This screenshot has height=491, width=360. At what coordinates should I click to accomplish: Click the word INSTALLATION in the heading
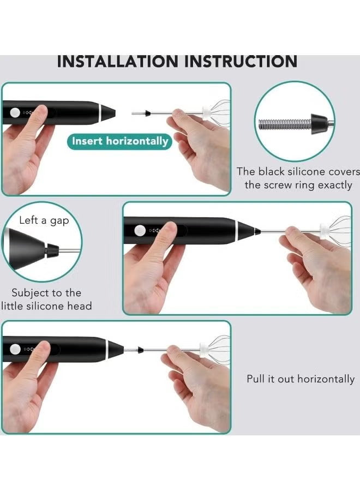pyautogui.click(x=117, y=61)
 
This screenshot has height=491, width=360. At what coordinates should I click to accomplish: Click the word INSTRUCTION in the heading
pyautogui.click(x=241, y=61)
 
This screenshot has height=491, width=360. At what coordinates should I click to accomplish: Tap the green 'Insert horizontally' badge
pyautogui.click(x=120, y=141)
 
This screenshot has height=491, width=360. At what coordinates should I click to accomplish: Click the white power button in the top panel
pyautogui.click(x=15, y=113)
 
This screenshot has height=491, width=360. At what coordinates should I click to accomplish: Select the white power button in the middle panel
pyautogui.click(x=140, y=230)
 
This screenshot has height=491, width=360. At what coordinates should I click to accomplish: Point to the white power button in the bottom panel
pyautogui.click(x=15, y=349)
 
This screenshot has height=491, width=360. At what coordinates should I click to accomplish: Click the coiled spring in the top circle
pyautogui.click(x=285, y=124)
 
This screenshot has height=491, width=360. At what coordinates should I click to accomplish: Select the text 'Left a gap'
pyautogui.click(x=44, y=220)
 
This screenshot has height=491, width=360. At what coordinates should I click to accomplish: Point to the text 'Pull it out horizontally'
pyautogui.click(x=301, y=379)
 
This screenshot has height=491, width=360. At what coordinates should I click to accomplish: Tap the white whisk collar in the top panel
pyautogui.click(x=207, y=112)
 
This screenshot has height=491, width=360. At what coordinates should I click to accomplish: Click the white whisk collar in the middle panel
pyautogui.click(x=324, y=230)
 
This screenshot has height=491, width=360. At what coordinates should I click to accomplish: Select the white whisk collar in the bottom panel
pyautogui.click(x=205, y=349)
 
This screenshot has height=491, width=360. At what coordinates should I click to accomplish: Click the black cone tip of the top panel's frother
pyautogui.click(x=108, y=113)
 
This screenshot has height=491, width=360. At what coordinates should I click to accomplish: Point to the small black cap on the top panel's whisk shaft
pyautogui.click(x=148, y=113)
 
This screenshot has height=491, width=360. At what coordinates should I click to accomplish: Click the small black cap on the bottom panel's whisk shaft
pyautogui.click(x=141, y=349)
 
